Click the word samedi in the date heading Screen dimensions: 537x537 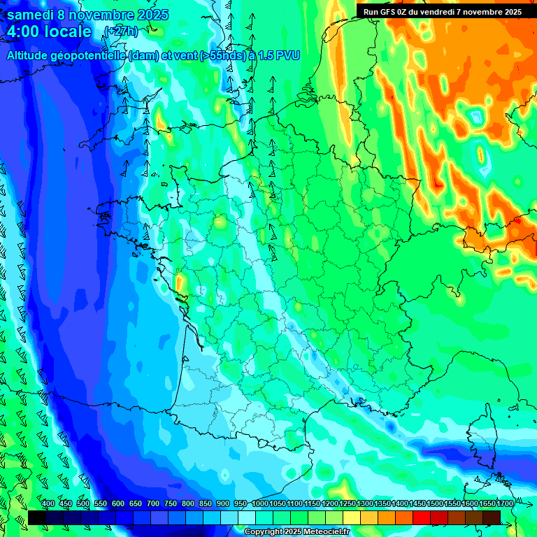click(34, 15)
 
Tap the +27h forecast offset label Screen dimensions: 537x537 click(120, 31)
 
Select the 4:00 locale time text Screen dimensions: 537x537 click(49, 31)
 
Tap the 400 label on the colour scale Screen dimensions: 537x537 click(48, 504)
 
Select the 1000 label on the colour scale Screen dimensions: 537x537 click(260, 504)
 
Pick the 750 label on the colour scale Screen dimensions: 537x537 click(171, 504)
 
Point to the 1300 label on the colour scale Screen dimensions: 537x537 click(365, 504)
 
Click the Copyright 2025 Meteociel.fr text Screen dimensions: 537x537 click(296, 531)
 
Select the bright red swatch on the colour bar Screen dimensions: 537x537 click(422, 517)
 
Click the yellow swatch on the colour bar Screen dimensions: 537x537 click(352, 517)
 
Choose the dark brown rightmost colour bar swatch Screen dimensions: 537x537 click(492, 517)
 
